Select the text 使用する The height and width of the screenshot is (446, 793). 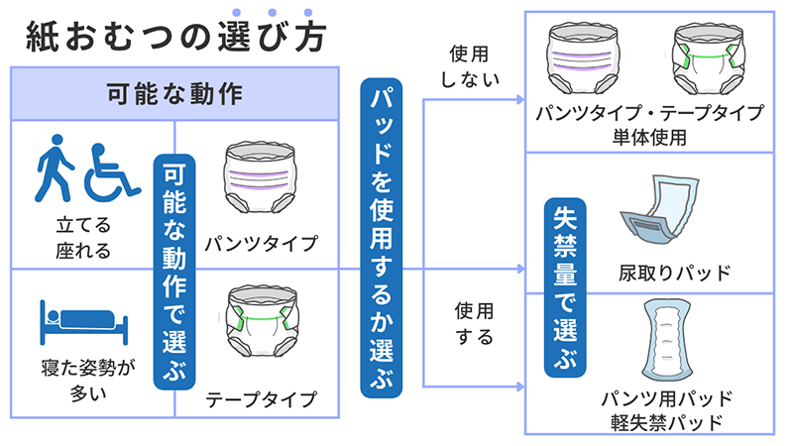pyautogui.click(x=471, y=323)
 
